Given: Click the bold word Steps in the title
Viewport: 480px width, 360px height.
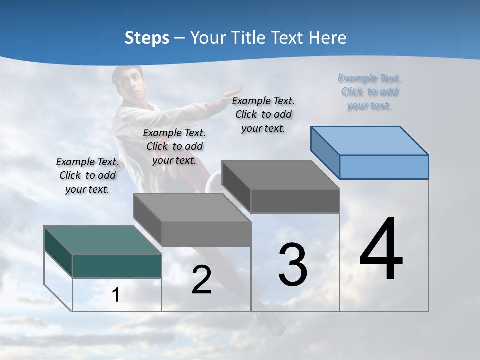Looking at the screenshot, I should (147, 38).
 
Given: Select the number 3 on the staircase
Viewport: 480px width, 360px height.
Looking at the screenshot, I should (293, 264).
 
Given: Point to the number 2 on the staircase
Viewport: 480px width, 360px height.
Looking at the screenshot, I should (201, 280).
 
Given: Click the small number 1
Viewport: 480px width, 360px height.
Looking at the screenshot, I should (115, 295).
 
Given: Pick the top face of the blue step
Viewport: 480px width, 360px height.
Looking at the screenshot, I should (370, 140).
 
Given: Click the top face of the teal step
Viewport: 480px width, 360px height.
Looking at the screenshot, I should (103, 240).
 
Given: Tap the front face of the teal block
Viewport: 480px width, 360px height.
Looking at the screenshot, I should (117, 266).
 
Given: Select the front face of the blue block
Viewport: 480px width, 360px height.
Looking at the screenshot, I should (384, 167).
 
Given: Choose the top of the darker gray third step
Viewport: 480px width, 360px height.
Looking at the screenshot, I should (281, 175).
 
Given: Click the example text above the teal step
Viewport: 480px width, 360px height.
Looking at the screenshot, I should (87, 175).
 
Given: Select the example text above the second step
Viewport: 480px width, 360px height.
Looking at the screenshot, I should (174, 146).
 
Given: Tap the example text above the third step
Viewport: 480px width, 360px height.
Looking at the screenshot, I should (263, 114).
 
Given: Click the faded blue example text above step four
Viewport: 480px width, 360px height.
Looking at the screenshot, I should (369, 91).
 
